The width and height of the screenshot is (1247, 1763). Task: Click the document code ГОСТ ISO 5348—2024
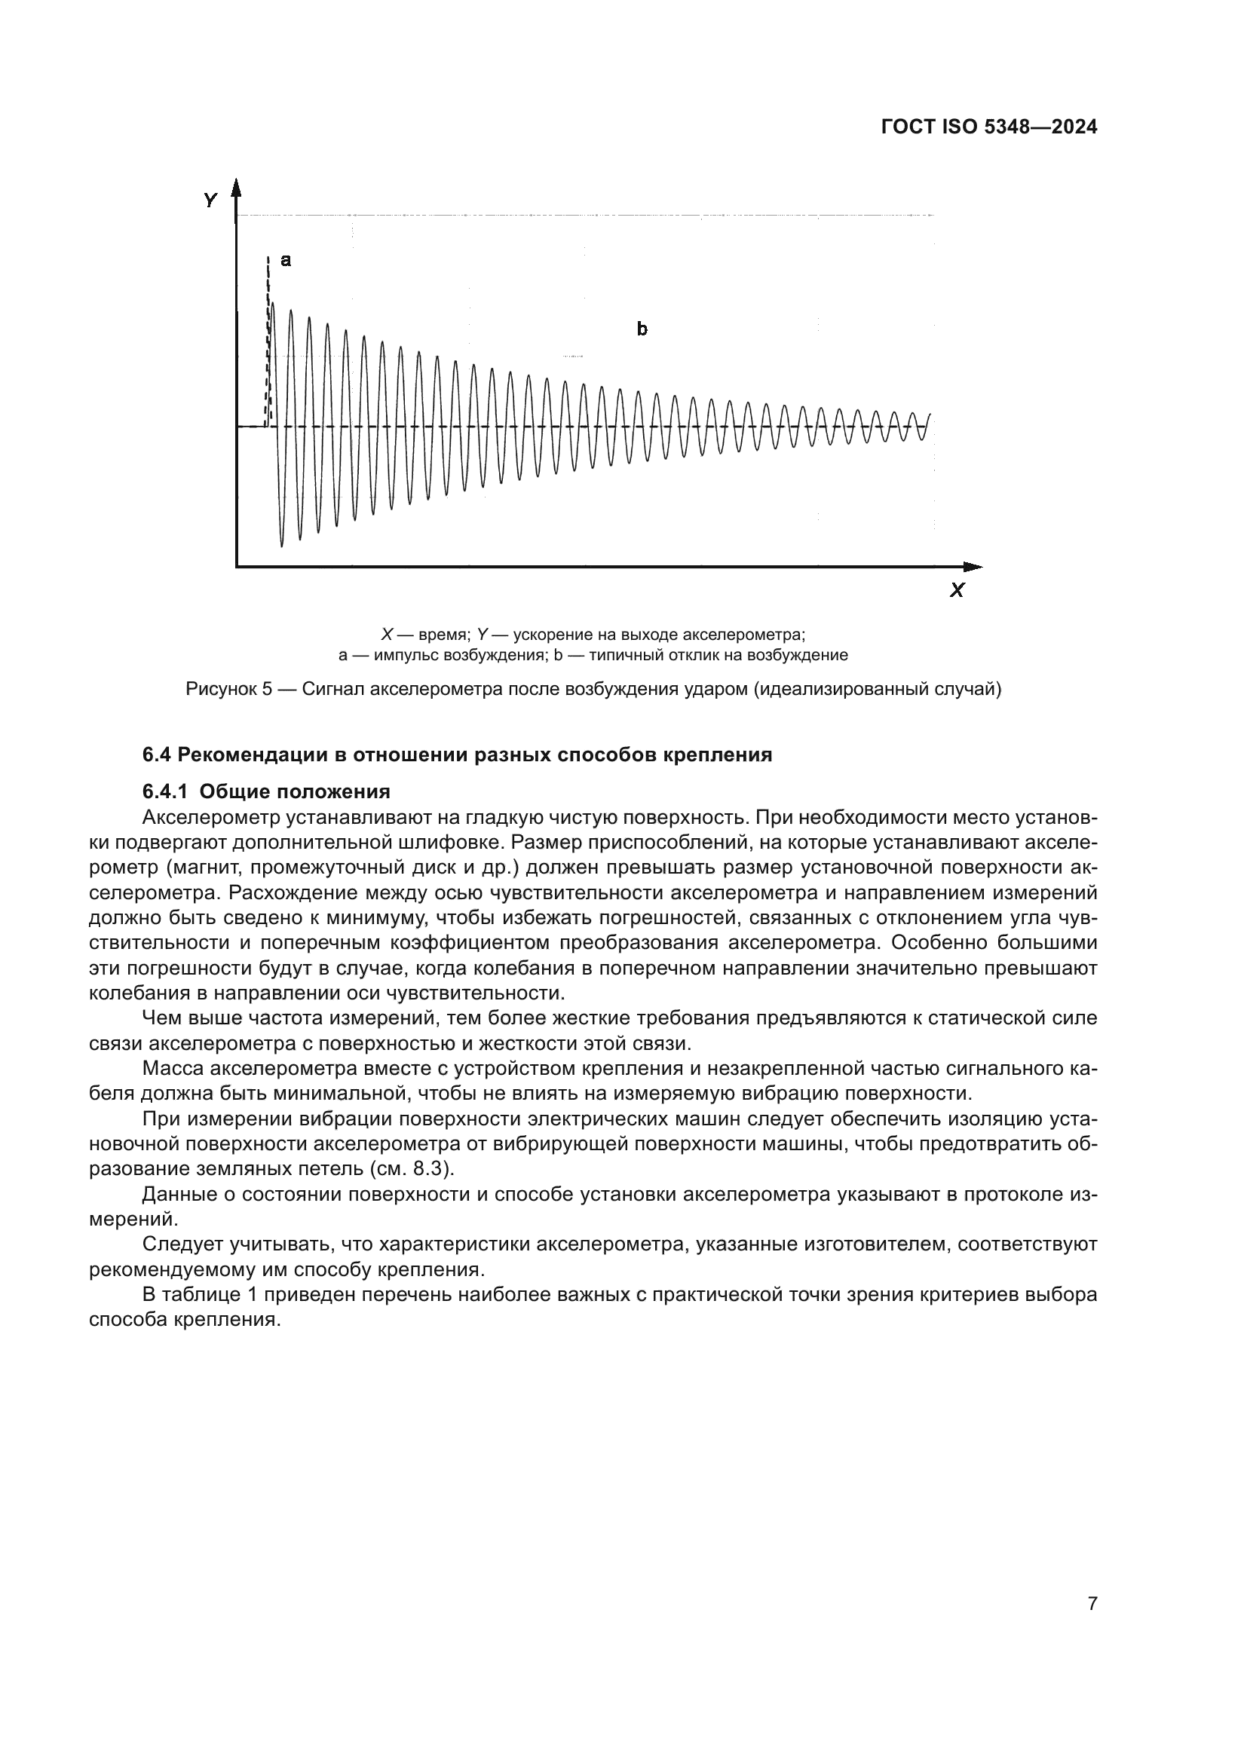pyautogui.click(x=988, y=127)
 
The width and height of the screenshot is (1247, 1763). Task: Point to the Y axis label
pyautogui.click(x=210, y=201)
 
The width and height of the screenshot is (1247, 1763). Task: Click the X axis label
pyautogui.click(x=957, y=590)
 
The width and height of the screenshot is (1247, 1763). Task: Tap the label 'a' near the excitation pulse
pyautogui.click(x=286, y=260)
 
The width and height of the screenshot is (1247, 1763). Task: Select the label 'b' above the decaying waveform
pyautogui.click(x=642, y=329)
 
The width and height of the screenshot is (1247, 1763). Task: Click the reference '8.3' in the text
pyautogui.click(x=433, y=1169)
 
